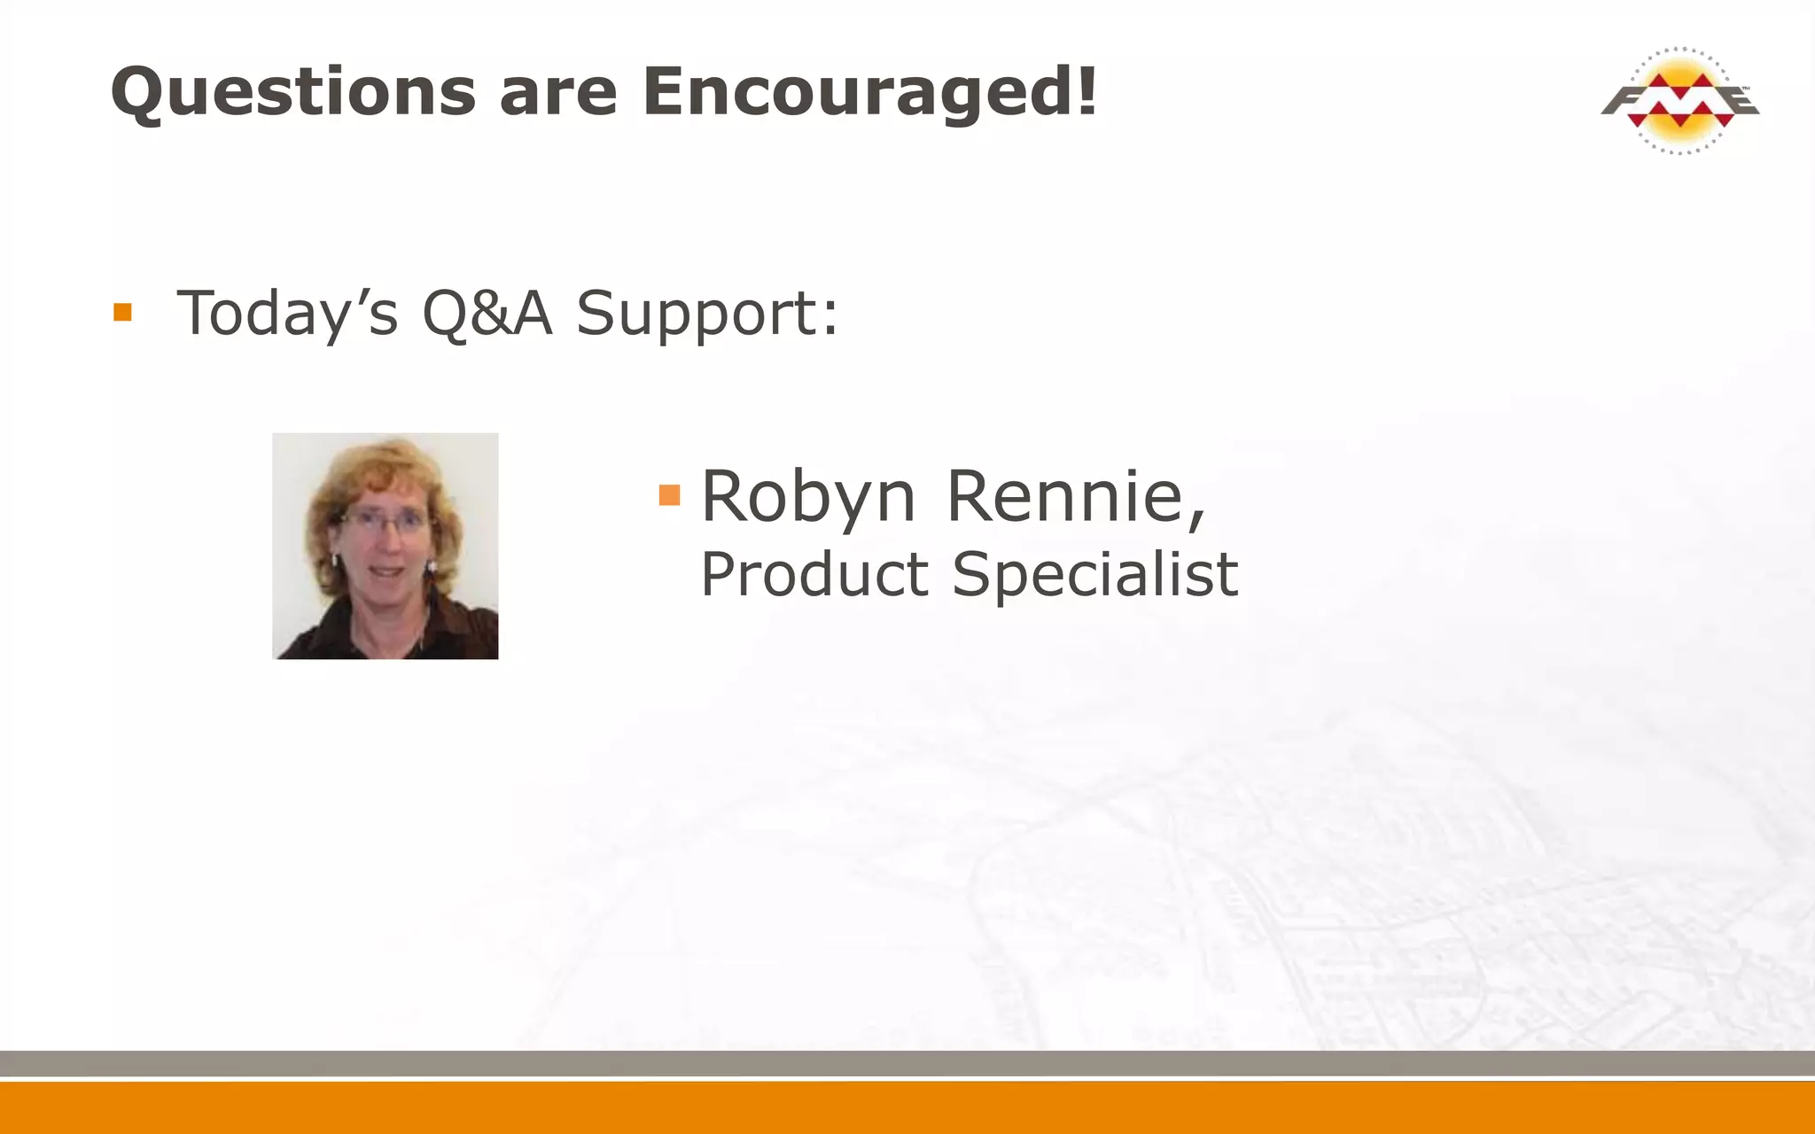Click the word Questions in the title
pos(293,92)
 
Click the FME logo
pos(1679,100)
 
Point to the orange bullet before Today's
pos(122,313)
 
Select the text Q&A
pos(487,314)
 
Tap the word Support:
pos(706,315)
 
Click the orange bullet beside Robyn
pos(669,495)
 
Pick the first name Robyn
pos(807,497)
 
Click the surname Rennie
pos(1073,497)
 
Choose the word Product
pos(814,575)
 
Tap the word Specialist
pos(1094,575)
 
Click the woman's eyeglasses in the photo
pos(383,522)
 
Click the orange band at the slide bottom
pos(907,1108)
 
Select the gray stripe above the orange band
pos(907,1063)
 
